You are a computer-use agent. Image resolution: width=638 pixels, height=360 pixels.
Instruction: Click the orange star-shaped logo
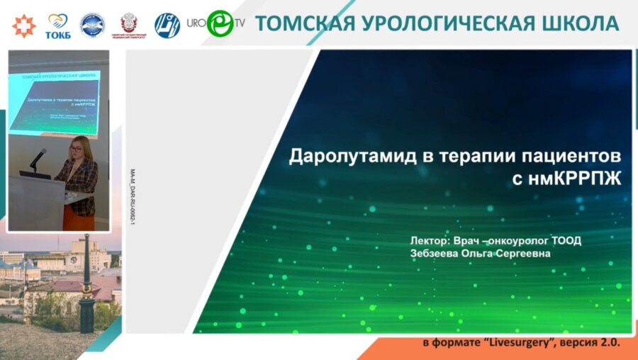23,25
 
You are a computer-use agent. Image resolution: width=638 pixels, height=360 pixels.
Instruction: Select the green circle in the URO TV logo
220,23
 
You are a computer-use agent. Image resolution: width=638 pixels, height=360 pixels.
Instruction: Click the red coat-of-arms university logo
130,24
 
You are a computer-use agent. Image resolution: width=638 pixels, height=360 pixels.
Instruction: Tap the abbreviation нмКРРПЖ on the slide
576,180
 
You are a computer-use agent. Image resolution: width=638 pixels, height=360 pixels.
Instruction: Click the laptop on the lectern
34,174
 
